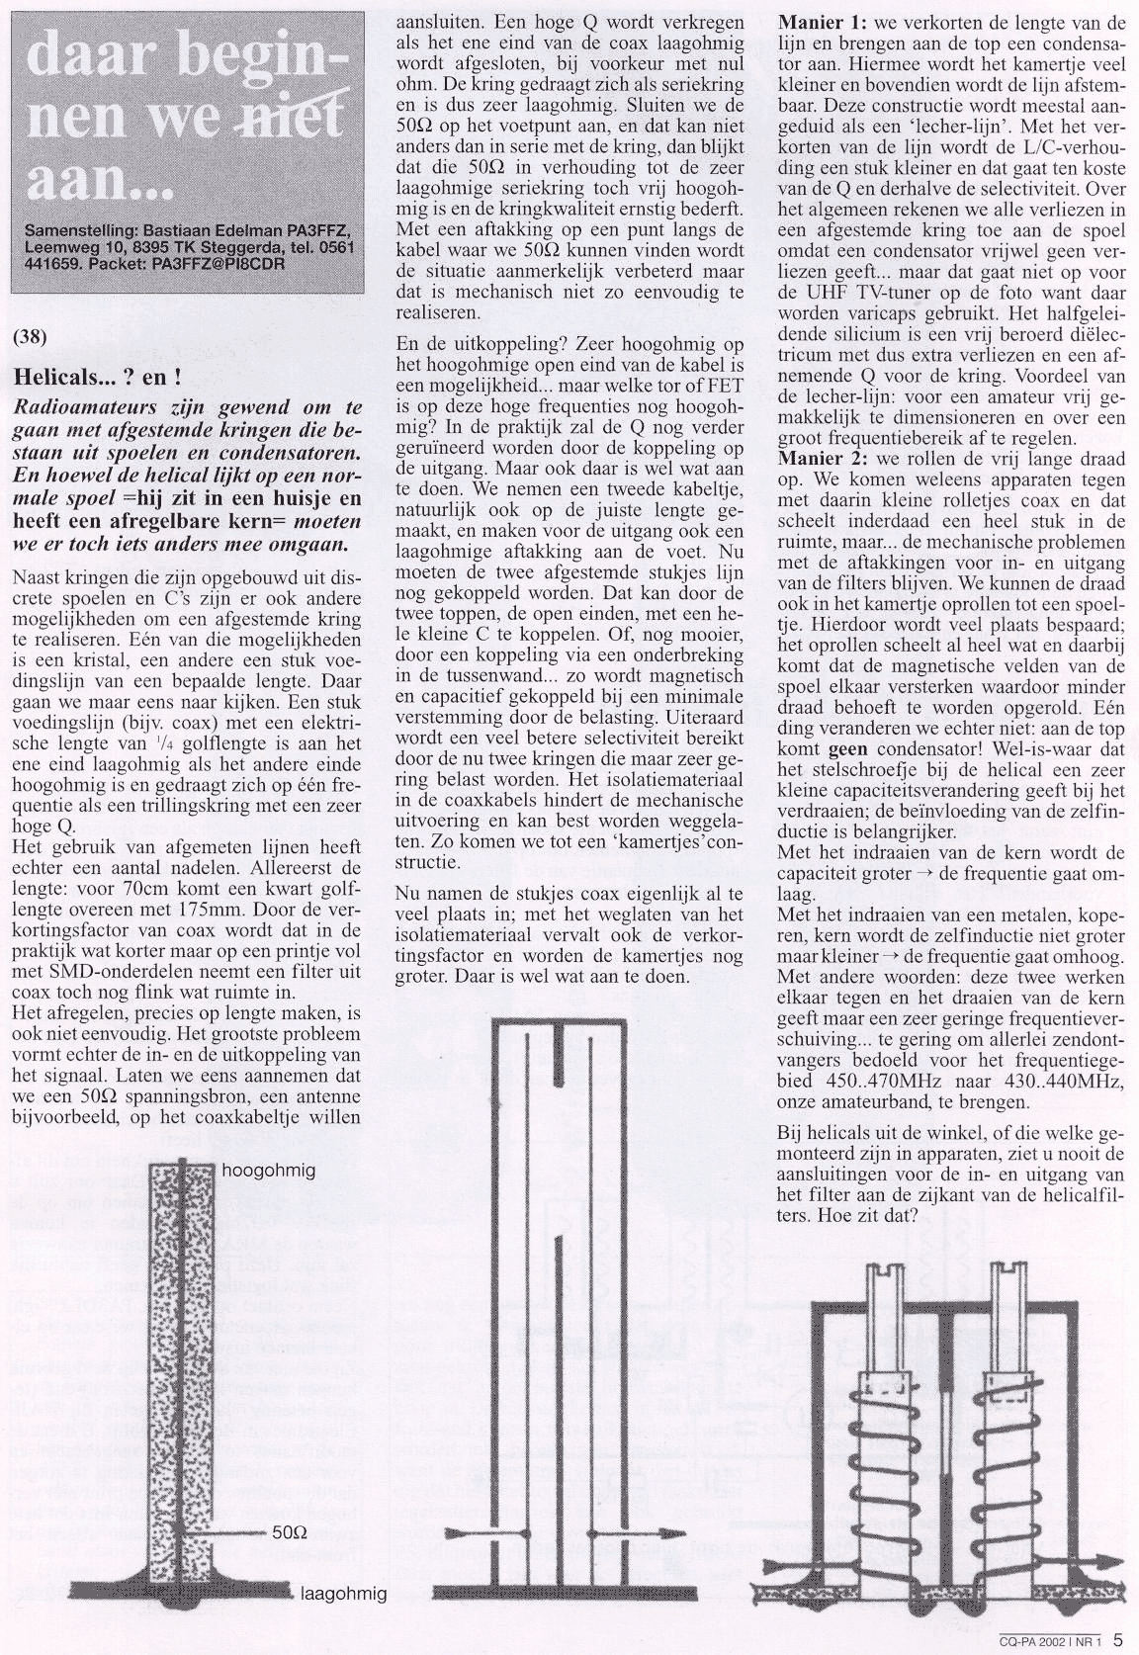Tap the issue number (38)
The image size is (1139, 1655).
click(29, 335)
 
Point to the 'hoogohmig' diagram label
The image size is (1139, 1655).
click(269, 1171)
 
